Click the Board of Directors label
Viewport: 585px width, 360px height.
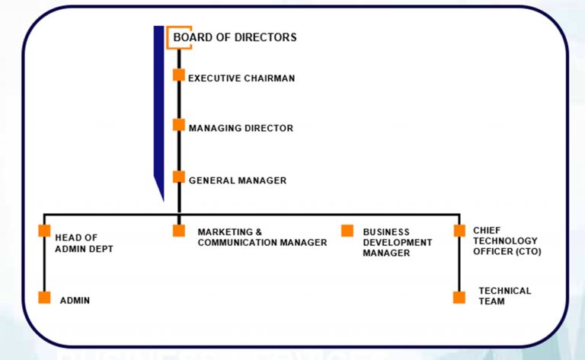click(235, 37)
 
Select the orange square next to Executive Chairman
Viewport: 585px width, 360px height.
click(178, 75)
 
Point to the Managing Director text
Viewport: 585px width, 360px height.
click(241, 129)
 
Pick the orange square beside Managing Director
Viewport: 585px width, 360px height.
click(178, 125)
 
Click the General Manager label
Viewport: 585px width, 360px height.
click(238, 180)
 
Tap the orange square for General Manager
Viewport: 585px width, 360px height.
click(178, 177)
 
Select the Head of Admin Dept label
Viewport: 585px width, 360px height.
click(84, 243)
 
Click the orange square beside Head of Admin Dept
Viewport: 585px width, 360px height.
click(44, 231)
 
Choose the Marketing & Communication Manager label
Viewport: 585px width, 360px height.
click(262, 237)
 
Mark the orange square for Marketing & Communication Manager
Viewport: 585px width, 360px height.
click(178, 231)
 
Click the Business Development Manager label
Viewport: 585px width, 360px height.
click(397, 242)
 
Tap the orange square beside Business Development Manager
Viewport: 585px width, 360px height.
click(347, 231)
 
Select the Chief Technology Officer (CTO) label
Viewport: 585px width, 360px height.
click(507, 241)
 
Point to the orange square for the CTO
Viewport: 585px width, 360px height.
click(459, 231)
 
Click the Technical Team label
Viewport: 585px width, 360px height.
click(504, 296)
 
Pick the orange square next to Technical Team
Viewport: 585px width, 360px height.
click(459, 298)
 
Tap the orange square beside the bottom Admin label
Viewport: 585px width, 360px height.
click(44, 298)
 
